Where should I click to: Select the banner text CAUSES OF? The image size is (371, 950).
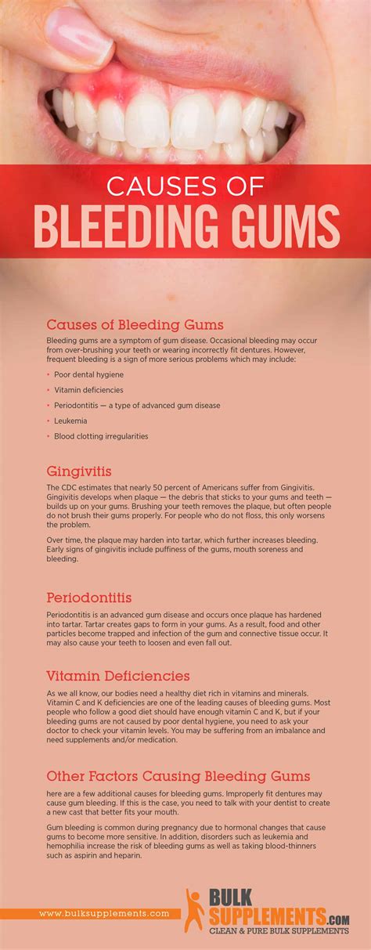tap(185, 187)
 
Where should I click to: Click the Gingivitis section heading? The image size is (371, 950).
tap(79, 471)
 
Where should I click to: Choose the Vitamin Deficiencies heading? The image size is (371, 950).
tap(118, 676)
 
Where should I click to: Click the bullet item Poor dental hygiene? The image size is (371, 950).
tap(89, 374)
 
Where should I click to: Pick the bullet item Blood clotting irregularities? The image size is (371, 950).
tap(101, 436)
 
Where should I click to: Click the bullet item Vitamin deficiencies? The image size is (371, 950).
tap(88, 390)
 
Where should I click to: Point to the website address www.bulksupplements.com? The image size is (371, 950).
tap(104, 914)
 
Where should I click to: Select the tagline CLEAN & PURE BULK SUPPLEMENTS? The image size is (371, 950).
tap(278, 931)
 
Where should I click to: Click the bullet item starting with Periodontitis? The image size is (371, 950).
tap(137, 406)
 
